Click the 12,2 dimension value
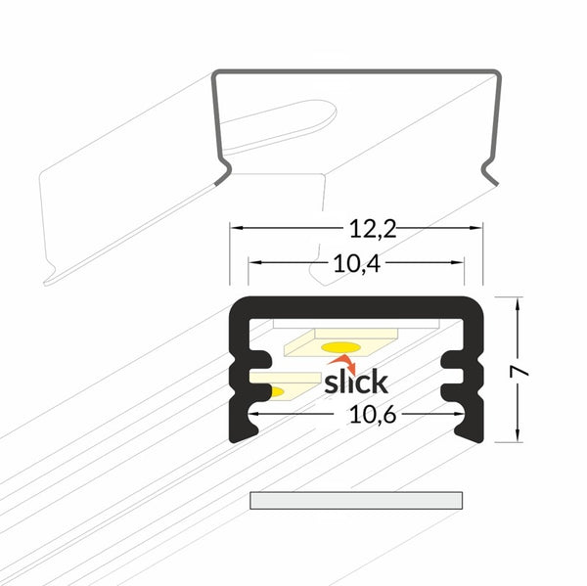click(x=373, y=229)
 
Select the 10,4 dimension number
click(x=357, y=263)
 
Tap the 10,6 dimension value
click(x=372, y=415)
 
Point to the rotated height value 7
click(x=519, y=371)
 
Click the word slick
click(x=356, y=382)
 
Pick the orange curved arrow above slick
click(x=342, y=363)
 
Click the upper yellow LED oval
click(x=340, y=347)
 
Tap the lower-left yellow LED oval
click(x=276, y=392)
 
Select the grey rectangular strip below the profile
click(x=356, y=500)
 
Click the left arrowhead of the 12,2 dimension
click(x=235, y=228)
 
